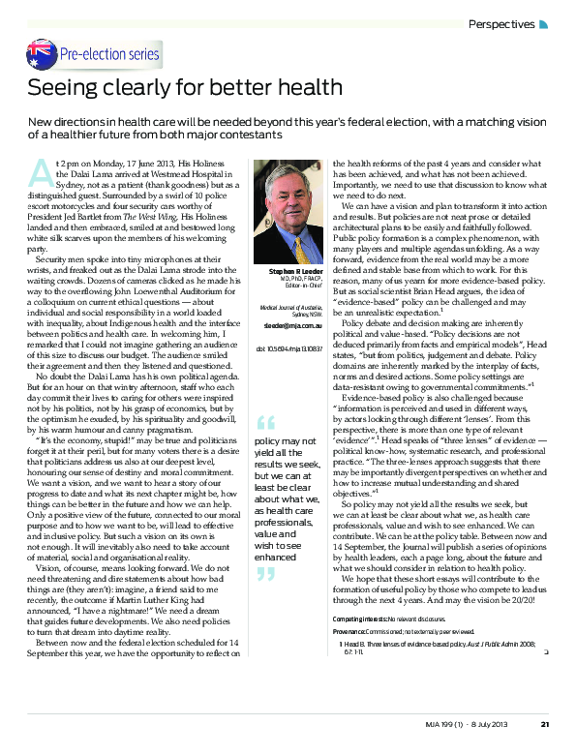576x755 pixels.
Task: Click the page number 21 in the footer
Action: [545, 723]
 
